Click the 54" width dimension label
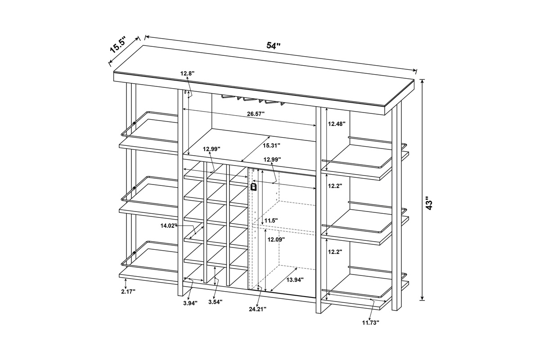[x=274, y=45]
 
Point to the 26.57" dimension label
[x=256, y=114]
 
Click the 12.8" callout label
[x=188, y=73]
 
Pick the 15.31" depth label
[x=271, y=145]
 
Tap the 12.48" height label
[x=337, y=124]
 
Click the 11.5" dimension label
[x=271, y=220]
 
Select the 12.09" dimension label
[x=276, y=239]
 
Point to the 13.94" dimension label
[x=295, y=280]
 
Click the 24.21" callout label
[x=258, y=309]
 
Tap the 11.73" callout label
[x=371, y=322]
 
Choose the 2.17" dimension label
[x=128, y=291]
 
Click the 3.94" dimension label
[x=190, y=303]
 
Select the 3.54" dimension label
[x=215, y=301]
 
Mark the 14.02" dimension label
[x=169, y=226]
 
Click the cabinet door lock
[x=253, y=187]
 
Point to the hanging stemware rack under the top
[x=252, y=100]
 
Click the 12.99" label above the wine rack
[x=211, y=149]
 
